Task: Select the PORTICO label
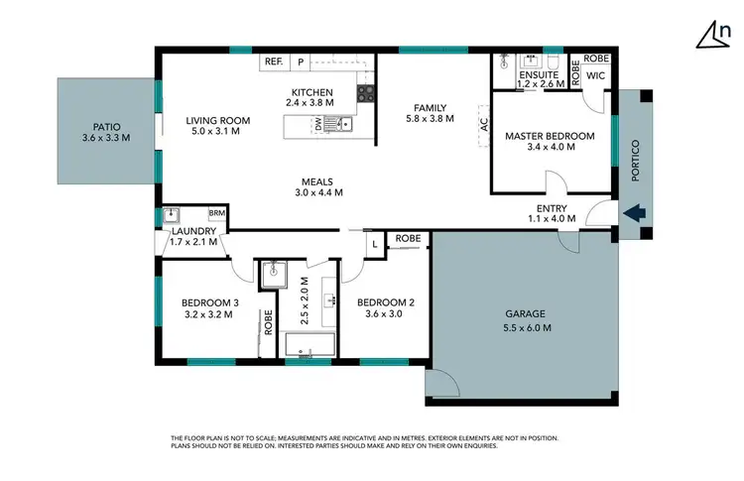[x=636, y=162]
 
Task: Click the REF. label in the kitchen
[x=274, y=61]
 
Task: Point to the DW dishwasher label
[x=318, y=124]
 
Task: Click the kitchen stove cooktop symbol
[x=365, y=93]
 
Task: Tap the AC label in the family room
[x=485, y=125]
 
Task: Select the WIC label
[x=596, y=75]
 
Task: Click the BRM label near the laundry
[x=216, y=213]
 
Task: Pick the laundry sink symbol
[x=171, y=214]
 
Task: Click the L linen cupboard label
[x=373, y=243]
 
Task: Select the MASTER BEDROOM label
[x=550, y=136]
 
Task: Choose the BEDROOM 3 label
[x=209, y=302]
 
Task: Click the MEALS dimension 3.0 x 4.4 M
[x=318, y=193]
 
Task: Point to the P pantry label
[x=300, y=61]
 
